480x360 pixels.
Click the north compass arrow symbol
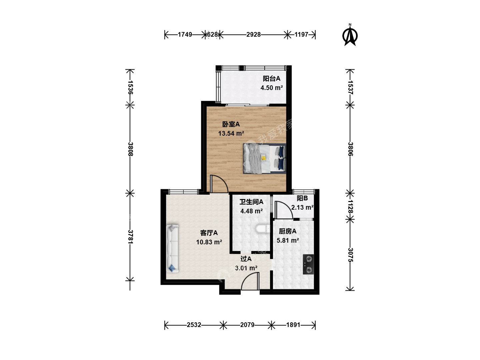click(x=350, y=35)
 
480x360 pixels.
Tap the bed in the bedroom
click(x=264, y=158)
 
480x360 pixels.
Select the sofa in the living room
click(x=172, y=249)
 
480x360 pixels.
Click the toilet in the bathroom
click(x=263, y=229)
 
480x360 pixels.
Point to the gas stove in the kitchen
click(x=308, y=264)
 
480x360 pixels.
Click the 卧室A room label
click(x=231, y=124)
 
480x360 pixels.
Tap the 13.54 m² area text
click(x=231, y=133)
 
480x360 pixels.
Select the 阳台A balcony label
click(x=271, y=78)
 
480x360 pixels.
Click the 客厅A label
click(x=209, y=233)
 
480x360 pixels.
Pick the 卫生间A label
click(x=251, y=202)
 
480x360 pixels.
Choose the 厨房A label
click(x=288, y=231)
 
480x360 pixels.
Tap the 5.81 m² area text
click(x=288, y=240)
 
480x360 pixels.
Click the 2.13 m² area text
click(x=302, y=207)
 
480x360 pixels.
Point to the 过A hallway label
click(x=246, y=259)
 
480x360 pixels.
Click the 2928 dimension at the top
click(x=253, y=35)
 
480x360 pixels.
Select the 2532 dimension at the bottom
click(x=194, y=325)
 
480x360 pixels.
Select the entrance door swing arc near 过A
click(x=247, y=277)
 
